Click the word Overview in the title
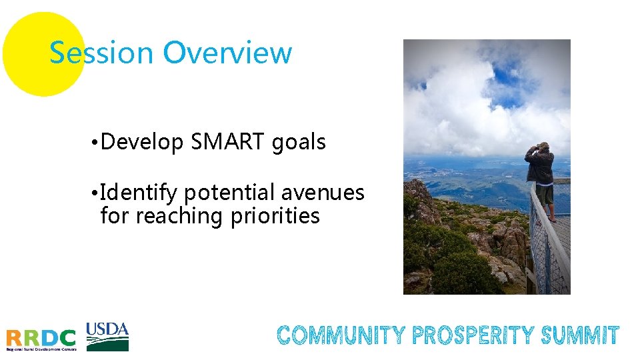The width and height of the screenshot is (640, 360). coord(227,53)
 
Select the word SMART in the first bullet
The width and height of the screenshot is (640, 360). coord(228,142)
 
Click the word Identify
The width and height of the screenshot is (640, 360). coord(139,193)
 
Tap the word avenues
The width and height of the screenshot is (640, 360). coord(323,193)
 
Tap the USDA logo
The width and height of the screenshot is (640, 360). coord(107,337)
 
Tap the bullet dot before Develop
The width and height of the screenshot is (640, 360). coord(97,143)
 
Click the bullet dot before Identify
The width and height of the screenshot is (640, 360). coord(97,194)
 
